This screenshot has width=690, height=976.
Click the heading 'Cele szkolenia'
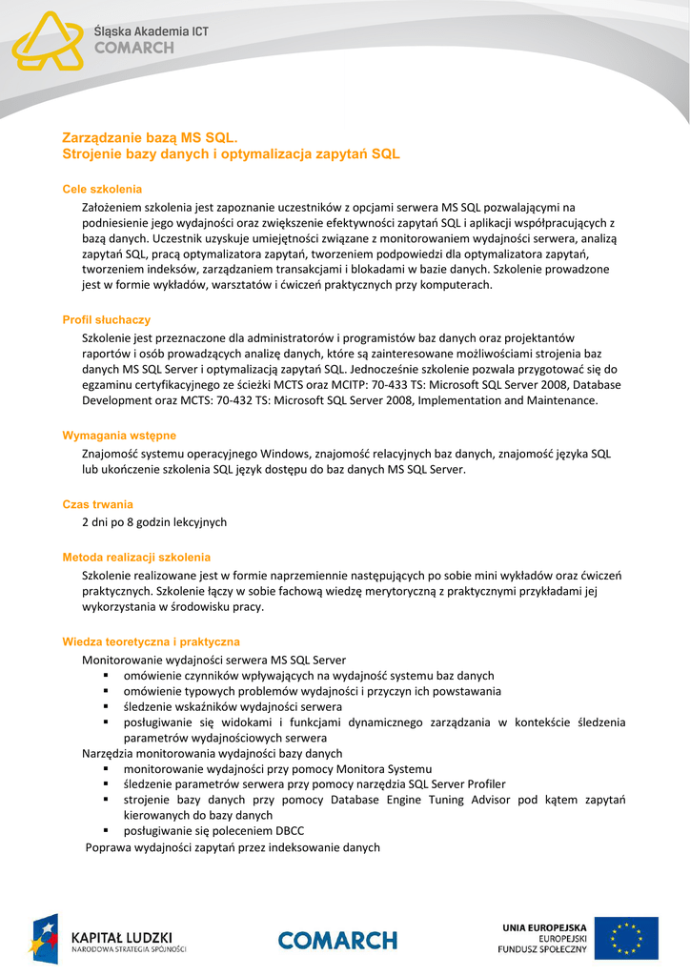[102, 189]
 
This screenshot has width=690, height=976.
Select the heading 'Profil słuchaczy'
[106, 320]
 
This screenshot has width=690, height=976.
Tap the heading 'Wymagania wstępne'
[119, 436]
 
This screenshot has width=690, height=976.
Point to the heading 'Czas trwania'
[97, 504]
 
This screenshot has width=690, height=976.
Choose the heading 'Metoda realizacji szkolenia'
[136, 557]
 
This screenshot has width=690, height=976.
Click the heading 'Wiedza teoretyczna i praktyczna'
[151, 642]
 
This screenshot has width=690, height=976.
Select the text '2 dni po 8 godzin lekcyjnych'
[154, 522]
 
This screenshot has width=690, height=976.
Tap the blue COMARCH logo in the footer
[337, 940]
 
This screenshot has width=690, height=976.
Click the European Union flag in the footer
[626, 938]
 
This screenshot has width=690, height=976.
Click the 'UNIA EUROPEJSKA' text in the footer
[544, 926]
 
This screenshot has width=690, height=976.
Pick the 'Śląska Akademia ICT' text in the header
[151, 31]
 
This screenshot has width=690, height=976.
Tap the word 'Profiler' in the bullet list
[483, 784]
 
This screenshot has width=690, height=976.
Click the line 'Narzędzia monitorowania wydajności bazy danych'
[212, 753]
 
